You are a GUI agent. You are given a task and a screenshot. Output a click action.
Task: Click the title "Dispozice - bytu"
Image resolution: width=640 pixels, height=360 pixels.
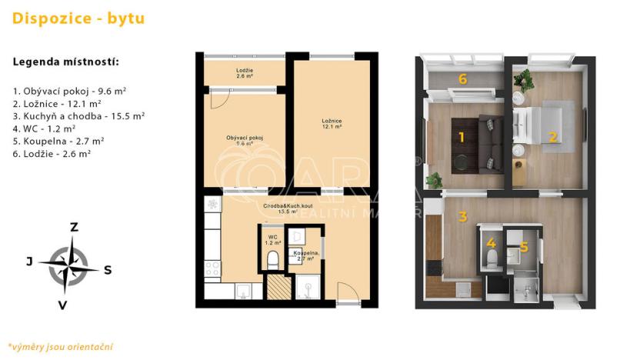[78, 18]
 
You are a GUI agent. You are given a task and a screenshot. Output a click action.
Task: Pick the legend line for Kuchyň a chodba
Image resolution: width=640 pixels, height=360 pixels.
[78, 115]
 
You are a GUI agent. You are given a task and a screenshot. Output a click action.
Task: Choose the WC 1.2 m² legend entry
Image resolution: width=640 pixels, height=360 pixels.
[44, 128]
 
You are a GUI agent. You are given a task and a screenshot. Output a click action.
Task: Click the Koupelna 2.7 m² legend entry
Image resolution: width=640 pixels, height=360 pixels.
[58, 141]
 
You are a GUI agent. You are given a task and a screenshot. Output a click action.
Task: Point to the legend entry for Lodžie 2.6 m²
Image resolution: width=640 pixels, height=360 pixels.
[52, 154]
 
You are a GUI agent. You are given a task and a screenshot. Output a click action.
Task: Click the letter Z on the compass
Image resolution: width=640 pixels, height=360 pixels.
[75, 227]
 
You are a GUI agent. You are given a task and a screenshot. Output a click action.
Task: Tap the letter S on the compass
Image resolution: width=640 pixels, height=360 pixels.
[108, 269]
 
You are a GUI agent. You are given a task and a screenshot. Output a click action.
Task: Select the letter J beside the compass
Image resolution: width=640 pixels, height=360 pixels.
[29, 262]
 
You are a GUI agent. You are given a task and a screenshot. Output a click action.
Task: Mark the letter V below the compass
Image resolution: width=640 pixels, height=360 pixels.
[63, 305]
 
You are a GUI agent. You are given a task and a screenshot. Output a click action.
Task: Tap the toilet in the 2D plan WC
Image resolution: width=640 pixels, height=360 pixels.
[271, 263]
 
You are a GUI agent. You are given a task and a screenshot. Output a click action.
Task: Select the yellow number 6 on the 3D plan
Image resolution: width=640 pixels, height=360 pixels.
[462, 78]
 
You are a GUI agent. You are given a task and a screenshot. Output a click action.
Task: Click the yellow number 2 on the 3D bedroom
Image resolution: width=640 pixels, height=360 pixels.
[552, 137]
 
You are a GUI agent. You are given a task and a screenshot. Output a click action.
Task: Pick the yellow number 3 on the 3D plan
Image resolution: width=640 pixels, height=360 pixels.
[462, 216]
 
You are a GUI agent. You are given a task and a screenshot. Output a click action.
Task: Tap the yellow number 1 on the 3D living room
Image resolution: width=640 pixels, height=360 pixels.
[461, 138]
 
